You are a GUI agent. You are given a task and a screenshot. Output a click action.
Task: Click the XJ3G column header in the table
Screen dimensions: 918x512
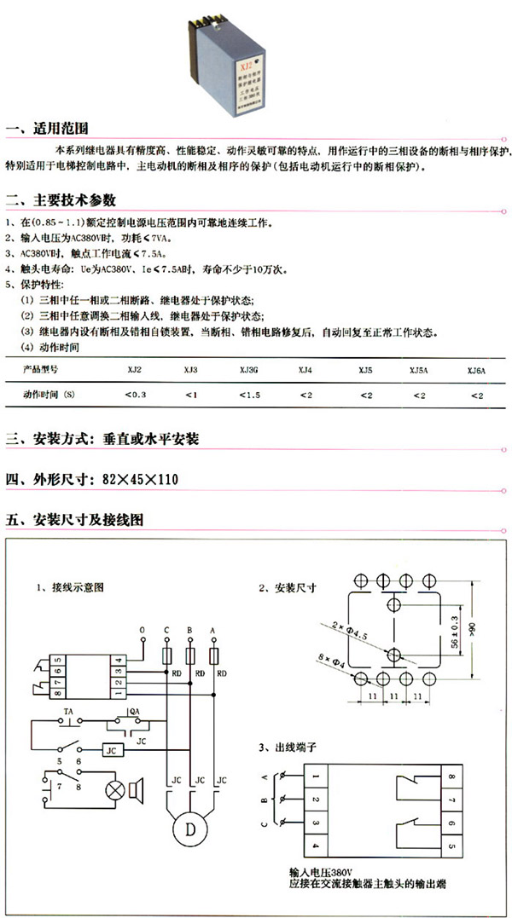tap(248, 369)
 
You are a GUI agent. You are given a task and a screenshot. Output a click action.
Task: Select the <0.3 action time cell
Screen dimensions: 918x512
tap(135, 395)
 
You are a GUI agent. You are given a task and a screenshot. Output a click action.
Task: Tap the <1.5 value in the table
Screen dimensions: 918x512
tap(248, 395)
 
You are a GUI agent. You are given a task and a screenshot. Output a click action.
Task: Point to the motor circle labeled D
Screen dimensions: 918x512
tap(189, 828)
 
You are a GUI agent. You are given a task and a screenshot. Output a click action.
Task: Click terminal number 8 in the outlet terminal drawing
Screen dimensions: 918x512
tap(451, 777)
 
